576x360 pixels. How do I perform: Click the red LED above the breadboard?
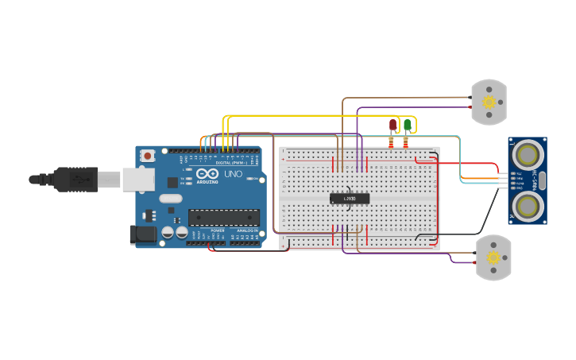coord(392,125)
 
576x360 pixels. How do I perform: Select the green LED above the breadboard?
coord(408,125)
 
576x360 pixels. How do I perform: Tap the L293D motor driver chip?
coord(350,198)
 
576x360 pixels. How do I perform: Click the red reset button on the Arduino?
coord(147,157)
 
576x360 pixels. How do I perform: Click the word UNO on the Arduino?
coord(233,174)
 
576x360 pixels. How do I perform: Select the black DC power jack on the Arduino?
coord(141,234)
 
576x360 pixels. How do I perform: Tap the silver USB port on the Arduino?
coord(137,179)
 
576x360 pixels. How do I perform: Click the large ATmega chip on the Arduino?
coord(223,217)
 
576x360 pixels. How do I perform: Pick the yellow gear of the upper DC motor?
coord(489,102)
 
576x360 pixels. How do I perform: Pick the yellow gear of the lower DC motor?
coord(493,257)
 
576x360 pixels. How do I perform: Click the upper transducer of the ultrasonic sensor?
coord(526,153)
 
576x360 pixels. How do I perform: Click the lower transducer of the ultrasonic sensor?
coord(526,207)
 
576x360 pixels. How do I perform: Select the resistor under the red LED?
coord(391,142)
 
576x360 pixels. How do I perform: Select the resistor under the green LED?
coord(406,142)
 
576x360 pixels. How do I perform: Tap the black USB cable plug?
coord(75,180)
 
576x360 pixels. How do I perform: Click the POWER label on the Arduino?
coord(217,230)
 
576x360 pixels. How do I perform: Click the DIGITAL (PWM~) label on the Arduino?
coord(231,162)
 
